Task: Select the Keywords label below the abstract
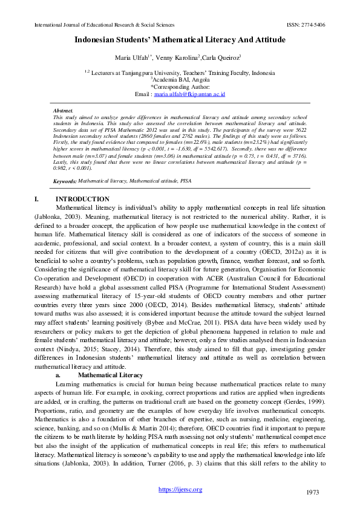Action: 65,181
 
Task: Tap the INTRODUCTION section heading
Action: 82,199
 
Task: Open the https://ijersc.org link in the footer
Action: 180,490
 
